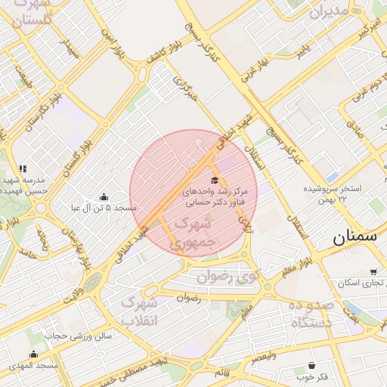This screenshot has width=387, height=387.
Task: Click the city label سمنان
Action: (354, 236)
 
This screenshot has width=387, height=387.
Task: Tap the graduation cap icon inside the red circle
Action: (215, 180)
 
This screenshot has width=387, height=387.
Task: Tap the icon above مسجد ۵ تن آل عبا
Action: (104, 197)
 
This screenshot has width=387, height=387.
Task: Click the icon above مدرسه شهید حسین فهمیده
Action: (23, 169)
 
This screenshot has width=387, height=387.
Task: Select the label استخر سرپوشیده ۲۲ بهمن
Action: (333, 192)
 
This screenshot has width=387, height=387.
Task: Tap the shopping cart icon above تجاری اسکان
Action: (373, 272)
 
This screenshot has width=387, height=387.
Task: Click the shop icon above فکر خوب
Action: (312, 365)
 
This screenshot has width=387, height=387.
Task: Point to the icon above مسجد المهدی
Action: (33, 354)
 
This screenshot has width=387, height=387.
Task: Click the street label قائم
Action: (222, 373)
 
